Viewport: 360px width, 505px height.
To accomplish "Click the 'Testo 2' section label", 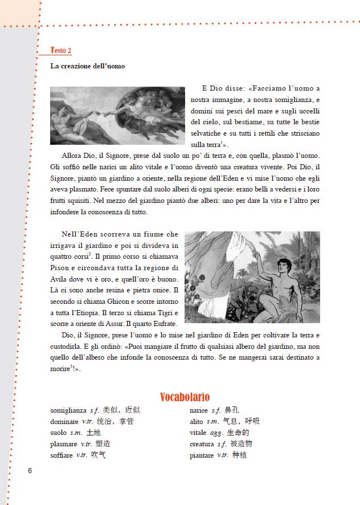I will tap(61, 50).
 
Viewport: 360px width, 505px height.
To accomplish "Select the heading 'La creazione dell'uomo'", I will tap(88, 66).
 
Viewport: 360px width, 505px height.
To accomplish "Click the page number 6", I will tap(30, 470).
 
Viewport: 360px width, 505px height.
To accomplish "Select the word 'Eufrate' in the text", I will tap(166, 324).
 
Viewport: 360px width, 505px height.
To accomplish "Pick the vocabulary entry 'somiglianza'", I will tap(68, 410).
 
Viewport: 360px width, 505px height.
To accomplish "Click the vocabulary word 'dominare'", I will tap(64, 421).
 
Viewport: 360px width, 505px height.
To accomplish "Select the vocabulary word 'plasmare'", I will tap(64, 444).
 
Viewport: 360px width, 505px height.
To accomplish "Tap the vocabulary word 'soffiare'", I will tap(62, 455).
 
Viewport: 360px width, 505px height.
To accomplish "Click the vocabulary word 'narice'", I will tap(199, 410).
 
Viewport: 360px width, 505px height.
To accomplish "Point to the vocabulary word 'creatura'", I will tap(202, 444).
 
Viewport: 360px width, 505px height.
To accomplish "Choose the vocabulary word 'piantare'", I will tap(202, 455).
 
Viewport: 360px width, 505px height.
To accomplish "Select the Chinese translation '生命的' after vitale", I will tap(238, 433).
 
